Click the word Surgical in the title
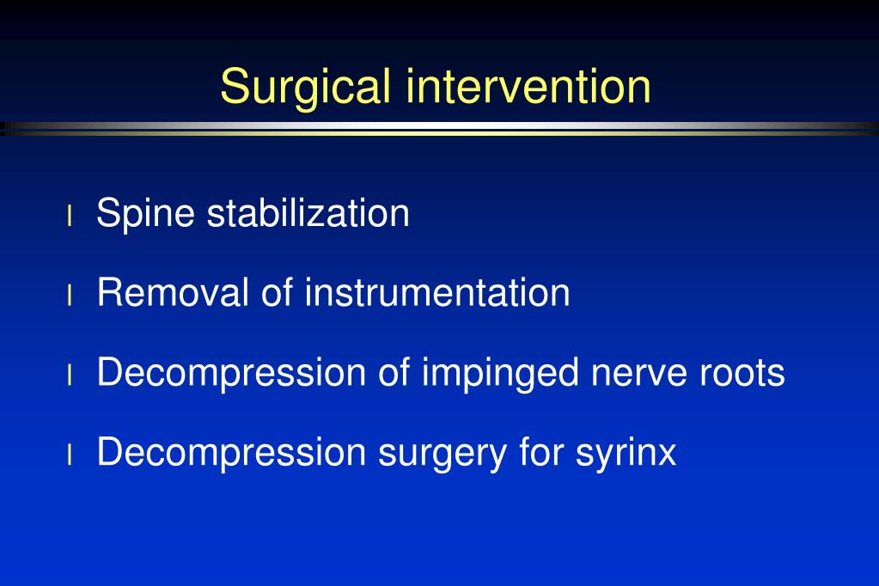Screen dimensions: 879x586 click(305, 87)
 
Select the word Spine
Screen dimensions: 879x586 click(145, 214)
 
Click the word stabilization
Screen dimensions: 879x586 click(308, 212)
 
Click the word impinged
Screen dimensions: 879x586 click(500, 373)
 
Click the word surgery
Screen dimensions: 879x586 click(443, 453)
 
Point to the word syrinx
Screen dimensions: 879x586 click(626, 453)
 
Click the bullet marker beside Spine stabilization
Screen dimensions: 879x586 click(70, 216)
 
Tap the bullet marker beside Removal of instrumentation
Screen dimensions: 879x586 click(70, 295)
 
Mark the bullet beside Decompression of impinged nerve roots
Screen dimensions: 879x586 click(70, 375)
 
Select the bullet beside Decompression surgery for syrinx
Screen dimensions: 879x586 click(70, 455)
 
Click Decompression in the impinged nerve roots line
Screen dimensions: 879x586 click(231, 373)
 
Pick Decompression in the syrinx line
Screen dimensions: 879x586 click(231, 453)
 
